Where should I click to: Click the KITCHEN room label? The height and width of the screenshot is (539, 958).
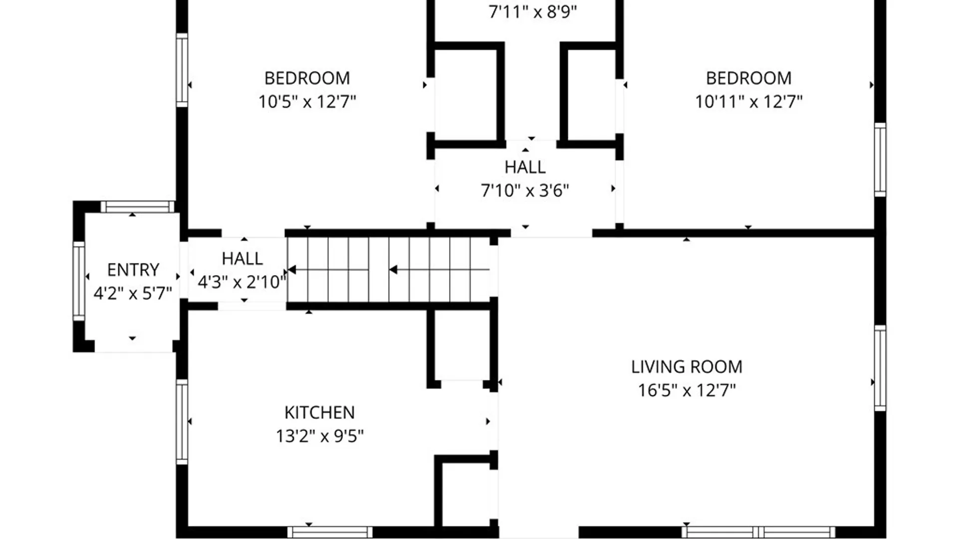coord(319,413)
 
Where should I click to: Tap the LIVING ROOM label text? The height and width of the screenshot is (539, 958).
coord(687,367)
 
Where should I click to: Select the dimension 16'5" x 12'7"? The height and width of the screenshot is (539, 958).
coord(687,390)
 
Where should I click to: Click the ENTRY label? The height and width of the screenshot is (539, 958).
coord(133,270)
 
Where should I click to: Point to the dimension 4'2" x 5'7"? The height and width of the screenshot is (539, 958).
coord(133,293)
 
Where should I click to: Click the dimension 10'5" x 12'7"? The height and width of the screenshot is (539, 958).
coord(307,102)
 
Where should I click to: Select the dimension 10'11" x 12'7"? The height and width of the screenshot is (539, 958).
coord(748,102)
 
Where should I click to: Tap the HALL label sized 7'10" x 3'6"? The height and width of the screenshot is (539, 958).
coord(525,167)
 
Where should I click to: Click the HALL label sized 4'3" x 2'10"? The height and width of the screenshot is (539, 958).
coord(242,259)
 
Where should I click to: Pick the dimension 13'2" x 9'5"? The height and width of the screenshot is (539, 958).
coord(319,436)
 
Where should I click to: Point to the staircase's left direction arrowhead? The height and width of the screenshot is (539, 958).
coord(292,270)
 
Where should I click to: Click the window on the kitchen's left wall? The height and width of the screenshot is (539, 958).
coord(182,422)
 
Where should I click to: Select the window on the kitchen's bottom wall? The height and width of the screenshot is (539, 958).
coord(330,532)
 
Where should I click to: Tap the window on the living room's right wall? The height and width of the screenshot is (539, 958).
coord(880,368)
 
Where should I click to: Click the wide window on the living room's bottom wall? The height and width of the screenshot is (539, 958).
coord(758,532)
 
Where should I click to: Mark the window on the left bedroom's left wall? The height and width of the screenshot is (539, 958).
coord(182,70)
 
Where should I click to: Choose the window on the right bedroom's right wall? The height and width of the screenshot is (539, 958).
coord(880,160)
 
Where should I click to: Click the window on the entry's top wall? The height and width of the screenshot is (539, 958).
coord(137,207)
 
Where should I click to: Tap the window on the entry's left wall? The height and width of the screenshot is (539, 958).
coord(79,281)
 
